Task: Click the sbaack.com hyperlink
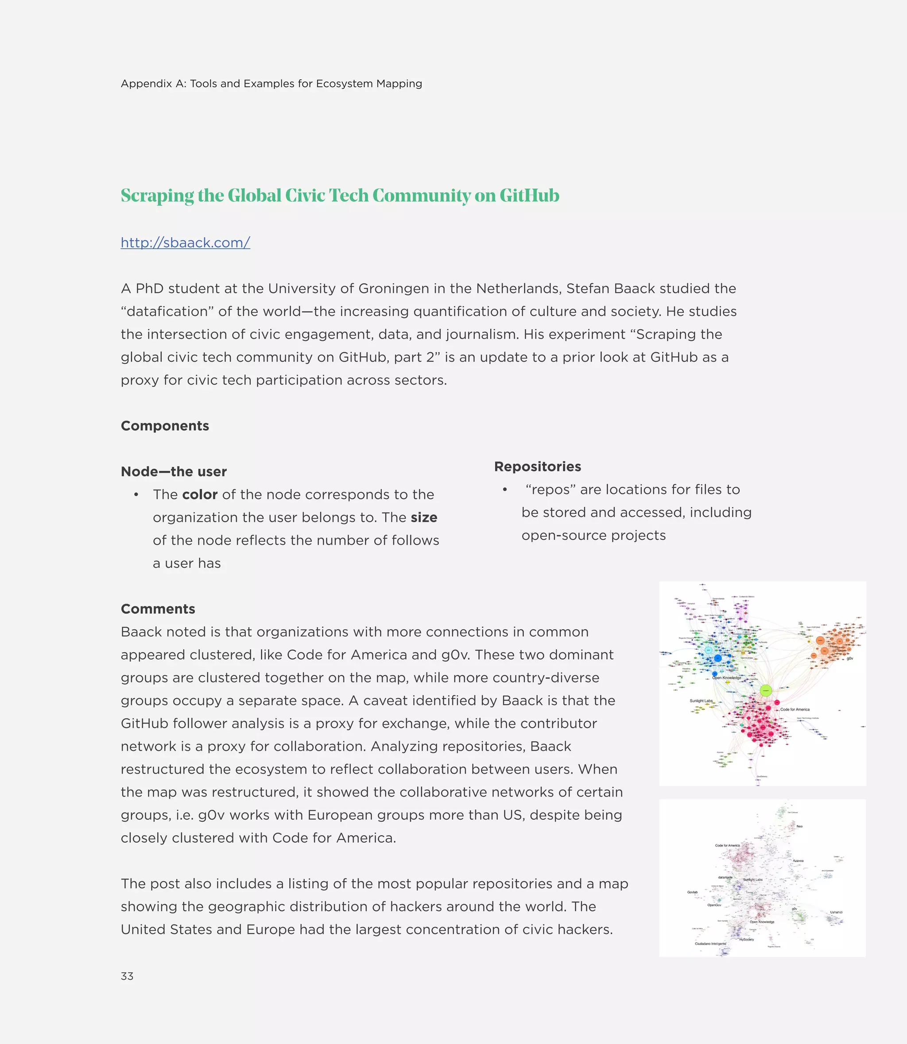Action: [x=185, y=243]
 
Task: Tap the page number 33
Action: [x=127, y=976]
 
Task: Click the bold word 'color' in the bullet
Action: [x=200, y=494]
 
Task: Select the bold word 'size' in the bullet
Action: [x=424, y=517]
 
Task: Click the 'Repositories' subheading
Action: [x=538, y=466]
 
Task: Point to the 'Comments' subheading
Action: [x=158, y=609]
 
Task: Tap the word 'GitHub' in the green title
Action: [x=529, y=196]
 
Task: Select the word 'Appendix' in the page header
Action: [x=146, y=84]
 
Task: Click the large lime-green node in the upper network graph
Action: [x=766, y=690]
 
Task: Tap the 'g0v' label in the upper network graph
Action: [x=850, y=658]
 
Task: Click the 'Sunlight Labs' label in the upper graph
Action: [x=701, y=701]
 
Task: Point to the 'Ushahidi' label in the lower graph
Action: [x=836, y=913]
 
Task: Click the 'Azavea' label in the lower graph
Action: [x=798, y=861]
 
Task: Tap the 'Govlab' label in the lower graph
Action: [x=692, y=892]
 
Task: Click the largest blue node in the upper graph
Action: [x=718, y=658]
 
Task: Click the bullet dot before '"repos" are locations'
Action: [x=504, y=489]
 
